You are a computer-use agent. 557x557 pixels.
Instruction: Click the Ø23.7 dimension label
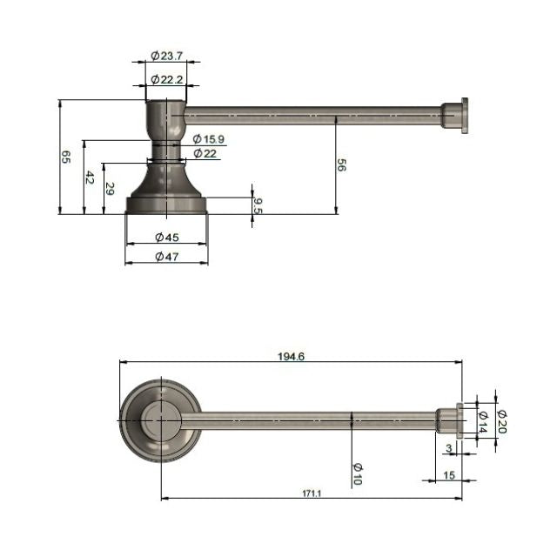tap(165, 56)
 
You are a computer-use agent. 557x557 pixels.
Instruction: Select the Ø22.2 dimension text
tap(165, 79)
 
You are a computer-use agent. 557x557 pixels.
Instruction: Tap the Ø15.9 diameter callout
tap(209, 139)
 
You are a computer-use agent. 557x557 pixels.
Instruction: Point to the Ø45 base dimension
tap(166, 237)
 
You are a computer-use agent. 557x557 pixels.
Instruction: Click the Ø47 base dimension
tap(166, 256)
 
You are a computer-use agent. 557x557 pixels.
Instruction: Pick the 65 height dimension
tap(66, 157)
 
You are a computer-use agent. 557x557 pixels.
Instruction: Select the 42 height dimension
tap(89, 177)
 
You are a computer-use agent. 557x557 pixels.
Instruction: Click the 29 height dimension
tap(109, 187)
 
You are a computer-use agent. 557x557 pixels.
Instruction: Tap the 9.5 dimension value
tap(258, 205)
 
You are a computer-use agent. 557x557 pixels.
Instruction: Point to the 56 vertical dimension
tap(341, 165)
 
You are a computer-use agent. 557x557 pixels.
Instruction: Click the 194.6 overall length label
tap(291, 356)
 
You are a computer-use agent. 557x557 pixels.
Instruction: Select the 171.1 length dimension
tap(312, 493)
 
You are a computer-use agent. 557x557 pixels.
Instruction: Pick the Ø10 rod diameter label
tap(358, 473)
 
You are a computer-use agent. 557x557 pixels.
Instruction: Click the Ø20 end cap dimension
tap(501, 422)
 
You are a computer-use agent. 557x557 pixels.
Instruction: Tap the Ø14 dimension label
tap(482, 422)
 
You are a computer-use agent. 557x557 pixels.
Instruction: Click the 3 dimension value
tap(448, 447)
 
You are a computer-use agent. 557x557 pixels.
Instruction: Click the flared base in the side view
tap(166, 187)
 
